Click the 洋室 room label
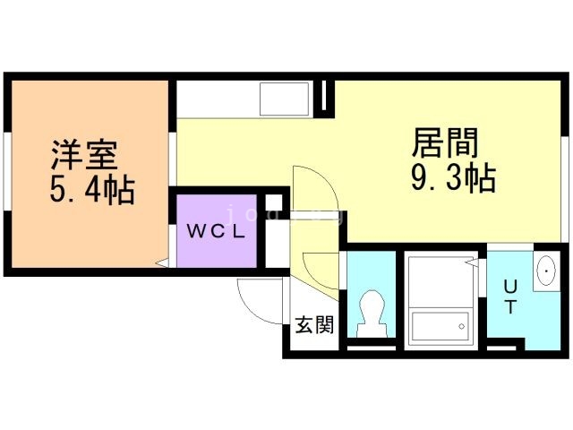tap(83, 157)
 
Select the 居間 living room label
tap(445, 143)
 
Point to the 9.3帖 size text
tap(453, 178)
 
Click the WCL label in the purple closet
tap(217, 229)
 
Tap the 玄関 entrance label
tap(314, 324)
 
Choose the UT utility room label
tap(509, 297)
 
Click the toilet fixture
tap(370, 314)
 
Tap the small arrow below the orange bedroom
tap(162, 263)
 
